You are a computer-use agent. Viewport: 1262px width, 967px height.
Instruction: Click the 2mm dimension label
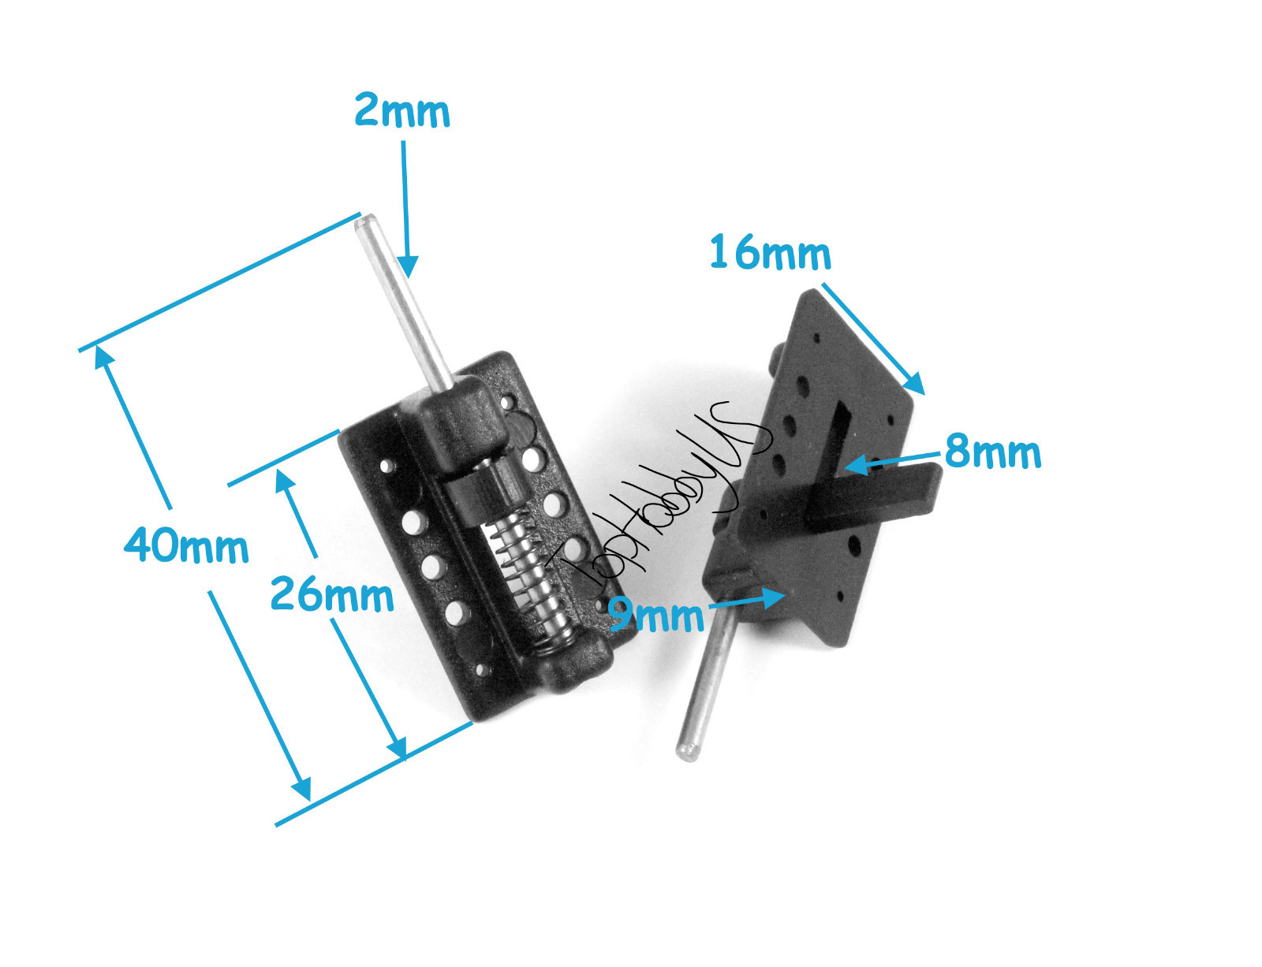[x=401, y=111]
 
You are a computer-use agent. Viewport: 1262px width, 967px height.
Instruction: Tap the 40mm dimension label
[x=186, y=545]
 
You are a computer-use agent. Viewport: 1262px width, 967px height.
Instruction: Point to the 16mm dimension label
[x=770, y=254]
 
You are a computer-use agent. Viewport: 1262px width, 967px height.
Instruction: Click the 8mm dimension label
[x=992, y=452]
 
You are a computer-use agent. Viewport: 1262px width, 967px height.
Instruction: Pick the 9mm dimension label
[x=656, y=616]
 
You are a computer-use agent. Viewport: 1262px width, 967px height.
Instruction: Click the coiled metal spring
[x=529, y=576]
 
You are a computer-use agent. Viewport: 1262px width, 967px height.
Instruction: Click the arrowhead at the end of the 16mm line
[x=915, y=384]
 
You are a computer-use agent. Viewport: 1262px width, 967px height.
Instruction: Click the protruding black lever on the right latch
[x=876, y=497]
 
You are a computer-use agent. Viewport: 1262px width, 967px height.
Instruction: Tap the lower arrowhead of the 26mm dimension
[x=398, y=748]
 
